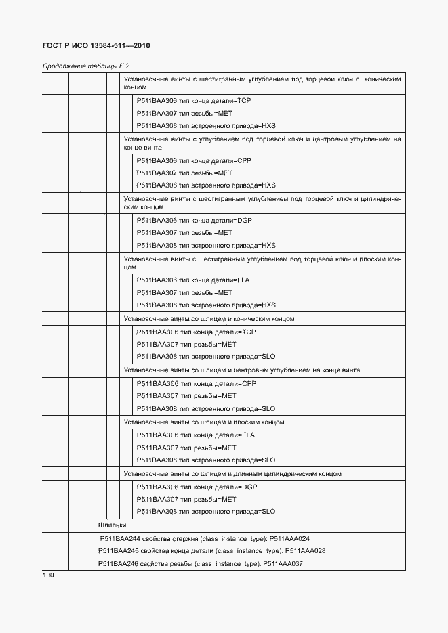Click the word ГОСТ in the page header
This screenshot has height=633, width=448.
54,45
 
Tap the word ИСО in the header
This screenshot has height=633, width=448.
82,45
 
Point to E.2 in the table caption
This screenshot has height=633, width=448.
123,66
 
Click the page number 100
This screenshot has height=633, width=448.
48,575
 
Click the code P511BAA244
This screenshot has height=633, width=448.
119,538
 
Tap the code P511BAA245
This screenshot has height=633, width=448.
118,550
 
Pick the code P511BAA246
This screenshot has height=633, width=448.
118,563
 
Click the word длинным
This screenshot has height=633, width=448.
253,474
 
